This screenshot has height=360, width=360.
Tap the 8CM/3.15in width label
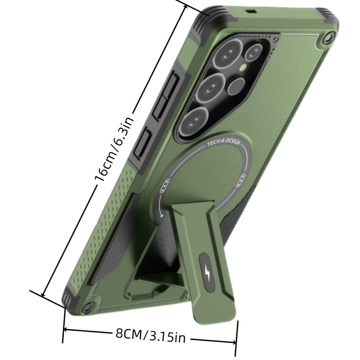point(150,335)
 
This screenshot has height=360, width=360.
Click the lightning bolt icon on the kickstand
point(207,273)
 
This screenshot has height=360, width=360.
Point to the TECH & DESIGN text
point(224,142)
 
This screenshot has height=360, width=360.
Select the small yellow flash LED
point(243,67)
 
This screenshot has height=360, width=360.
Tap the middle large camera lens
point(210,88)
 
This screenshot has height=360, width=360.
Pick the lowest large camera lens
point(193,122)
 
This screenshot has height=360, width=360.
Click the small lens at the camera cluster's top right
point(253,53)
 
